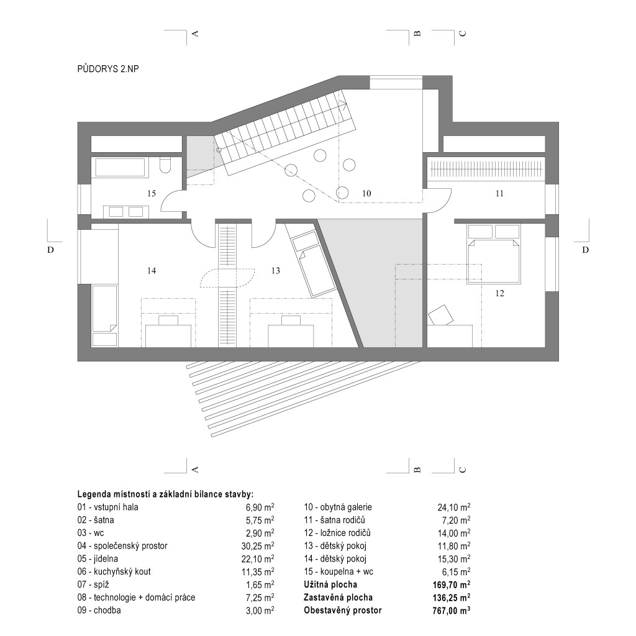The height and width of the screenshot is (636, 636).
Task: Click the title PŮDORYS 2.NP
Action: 108,69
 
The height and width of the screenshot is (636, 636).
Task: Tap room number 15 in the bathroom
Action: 152,194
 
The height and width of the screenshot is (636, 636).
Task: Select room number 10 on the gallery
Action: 366,194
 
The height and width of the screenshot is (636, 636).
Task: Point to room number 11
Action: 499,194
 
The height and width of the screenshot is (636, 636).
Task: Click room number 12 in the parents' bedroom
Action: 499,293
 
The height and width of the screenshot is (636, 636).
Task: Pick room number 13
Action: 275,271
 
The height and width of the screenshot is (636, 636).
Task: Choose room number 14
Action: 152,271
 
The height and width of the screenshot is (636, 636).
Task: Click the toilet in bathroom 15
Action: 165,165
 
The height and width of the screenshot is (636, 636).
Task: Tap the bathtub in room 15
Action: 120,167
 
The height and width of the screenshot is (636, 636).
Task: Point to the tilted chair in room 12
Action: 441,315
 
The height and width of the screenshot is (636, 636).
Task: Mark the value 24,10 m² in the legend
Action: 453,507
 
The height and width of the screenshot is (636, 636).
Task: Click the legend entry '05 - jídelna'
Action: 98,559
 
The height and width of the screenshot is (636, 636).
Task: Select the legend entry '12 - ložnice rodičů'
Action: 337,533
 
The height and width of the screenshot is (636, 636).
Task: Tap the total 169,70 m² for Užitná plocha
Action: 452,585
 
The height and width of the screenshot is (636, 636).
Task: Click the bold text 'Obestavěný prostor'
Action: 343,611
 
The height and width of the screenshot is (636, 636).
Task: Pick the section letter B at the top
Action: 417,34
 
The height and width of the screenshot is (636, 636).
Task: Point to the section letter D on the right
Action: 585,250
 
